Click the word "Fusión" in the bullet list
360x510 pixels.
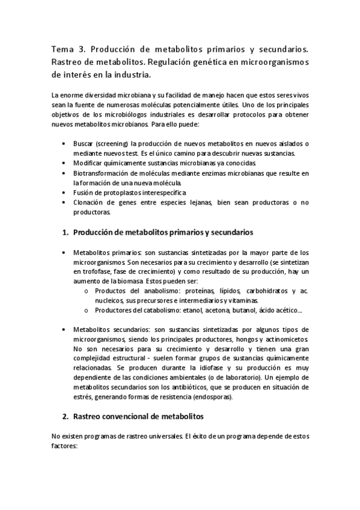tap(83, 192)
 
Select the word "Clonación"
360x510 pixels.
tap(88, 203)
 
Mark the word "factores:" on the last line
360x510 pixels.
tap(65, 447)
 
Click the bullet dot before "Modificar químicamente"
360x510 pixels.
tap(64, 163)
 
